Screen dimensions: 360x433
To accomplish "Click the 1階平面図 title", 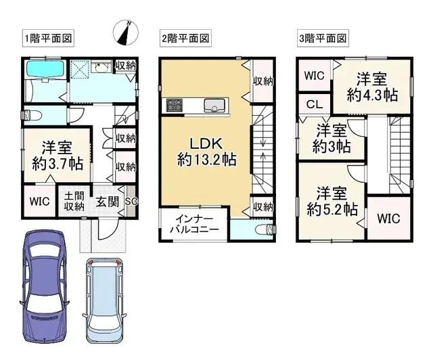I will click(48, 38).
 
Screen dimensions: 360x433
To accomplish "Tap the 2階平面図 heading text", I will click(184, 38).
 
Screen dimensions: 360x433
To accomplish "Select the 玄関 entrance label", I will click(105, 201).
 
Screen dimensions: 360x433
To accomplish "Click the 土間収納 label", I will click(73, 201).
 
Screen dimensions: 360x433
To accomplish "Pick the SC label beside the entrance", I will click(131, 201).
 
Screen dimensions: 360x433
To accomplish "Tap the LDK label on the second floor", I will click(202, 145).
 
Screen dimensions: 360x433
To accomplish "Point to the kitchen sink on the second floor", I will click(216, 105).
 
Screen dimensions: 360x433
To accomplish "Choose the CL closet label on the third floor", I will click(313, 104).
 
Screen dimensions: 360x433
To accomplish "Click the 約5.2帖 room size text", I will click(332, 210).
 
